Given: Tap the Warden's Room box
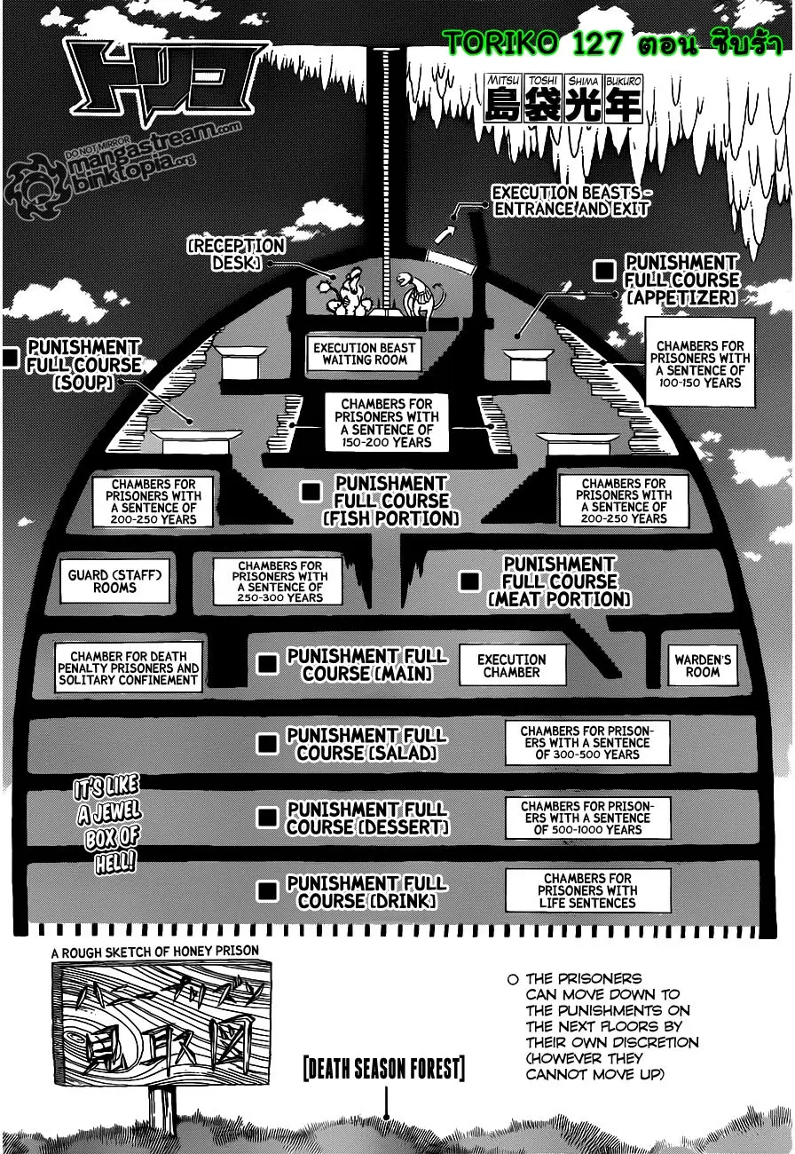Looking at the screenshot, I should coord(702,666).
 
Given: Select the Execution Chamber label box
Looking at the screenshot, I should coord(512,666).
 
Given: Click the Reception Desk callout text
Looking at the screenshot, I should coord(235,254).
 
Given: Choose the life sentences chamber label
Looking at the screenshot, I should coord(587,890).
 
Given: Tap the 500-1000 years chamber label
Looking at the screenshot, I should coord(587,818).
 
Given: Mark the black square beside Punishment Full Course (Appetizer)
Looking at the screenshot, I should coord(605,271).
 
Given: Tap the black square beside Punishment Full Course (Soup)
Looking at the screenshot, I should coord(11,358).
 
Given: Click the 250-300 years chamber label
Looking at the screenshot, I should coord(280,581).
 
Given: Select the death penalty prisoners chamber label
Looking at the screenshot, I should coord(129,668).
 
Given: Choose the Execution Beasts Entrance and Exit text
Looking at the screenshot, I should coord(571,201).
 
